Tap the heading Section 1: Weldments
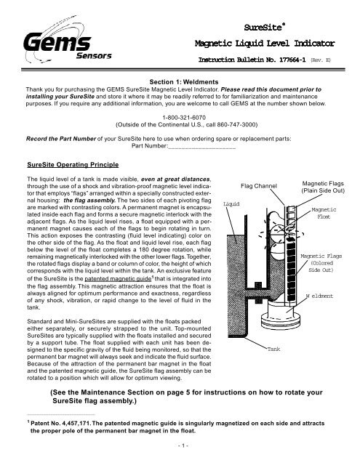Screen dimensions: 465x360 [180, 81]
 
